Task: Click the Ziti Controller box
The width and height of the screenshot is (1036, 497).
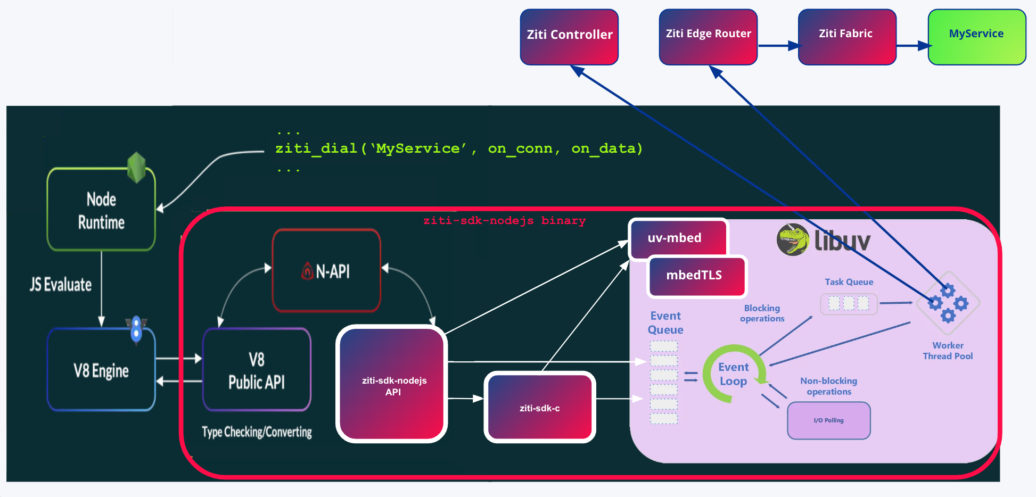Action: tap(569, 37)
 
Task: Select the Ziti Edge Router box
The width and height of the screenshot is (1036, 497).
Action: tap(708, 37)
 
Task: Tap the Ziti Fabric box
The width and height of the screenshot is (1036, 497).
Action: tap(847, 37)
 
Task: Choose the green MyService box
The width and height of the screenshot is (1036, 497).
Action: tap(977, 37)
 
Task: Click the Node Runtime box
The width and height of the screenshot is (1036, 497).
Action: tap(101, 210)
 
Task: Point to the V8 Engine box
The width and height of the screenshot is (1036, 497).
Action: tap(101, 370)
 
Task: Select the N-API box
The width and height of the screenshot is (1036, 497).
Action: tap(326, 271)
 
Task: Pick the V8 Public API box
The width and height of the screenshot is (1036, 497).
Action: tap(257, 370)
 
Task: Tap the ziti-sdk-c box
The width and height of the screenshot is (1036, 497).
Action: tap(540, 408)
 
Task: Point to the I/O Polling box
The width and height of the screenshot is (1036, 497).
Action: tap(829, 420)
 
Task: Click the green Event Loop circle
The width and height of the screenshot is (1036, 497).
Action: tap(733, 374)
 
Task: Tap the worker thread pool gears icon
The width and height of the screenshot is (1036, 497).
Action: tap(948, 304)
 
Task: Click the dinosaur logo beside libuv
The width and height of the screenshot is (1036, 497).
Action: tap(793, 240)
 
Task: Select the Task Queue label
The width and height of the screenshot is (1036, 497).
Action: tap(849, 282)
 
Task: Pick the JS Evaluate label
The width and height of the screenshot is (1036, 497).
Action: tap(61, 285)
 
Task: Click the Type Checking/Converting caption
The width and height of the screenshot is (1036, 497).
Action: tap(257, 432)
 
